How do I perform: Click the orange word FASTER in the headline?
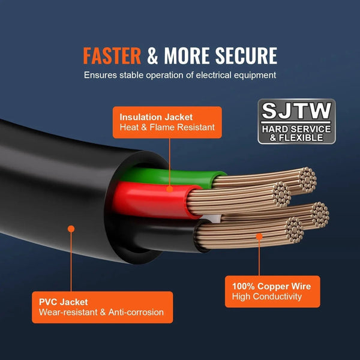click(x=112, y=55)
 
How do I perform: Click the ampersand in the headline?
click(x=153, y=55)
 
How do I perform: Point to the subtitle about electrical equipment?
click(x=180, y=76)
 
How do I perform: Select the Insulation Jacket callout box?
click(x=166, y=122)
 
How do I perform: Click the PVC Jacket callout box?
click(x=103, y=307)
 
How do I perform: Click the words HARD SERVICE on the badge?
click(x=296, y=129)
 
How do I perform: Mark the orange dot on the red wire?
click(x=170, y=188)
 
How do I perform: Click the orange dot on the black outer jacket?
click(x=71, y=229)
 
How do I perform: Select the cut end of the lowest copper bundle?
click(x=294, y=229)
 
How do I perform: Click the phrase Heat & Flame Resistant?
click(x=167, y=128)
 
